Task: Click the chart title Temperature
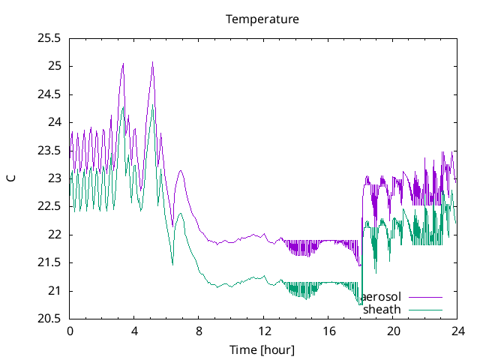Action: coord(262,19)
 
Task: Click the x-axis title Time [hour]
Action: coord(262,349)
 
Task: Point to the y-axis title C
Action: coord(10,178)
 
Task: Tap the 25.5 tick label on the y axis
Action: coord(50,37)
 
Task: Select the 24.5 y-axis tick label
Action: coord(50,94)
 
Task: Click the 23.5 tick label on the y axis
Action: coord(50,150)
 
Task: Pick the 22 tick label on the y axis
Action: coord(55,235)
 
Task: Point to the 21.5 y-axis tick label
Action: coord(50,262)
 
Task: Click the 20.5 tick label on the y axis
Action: coord(50,319)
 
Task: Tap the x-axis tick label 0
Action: coord(70,331)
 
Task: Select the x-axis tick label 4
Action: coord(134,331)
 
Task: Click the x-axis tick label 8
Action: coord(199,331)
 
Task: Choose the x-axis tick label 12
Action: coord(263,331)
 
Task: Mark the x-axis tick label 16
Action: coord(328,331)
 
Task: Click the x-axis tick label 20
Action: coord(393,331)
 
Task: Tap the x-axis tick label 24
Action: coord(457,331)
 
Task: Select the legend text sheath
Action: coord(382,309)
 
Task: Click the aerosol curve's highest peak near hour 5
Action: coord(152,62)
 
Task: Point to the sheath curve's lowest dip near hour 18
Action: coord(360,304)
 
